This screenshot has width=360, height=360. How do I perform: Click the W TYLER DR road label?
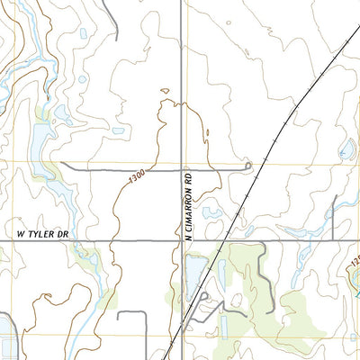point(43,233)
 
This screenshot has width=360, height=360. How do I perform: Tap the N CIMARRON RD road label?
point(189,206)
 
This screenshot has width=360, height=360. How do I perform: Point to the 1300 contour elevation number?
point(137,180)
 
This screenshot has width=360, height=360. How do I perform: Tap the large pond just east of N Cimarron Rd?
point(194,270)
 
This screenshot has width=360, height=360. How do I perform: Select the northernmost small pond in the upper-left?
point(84,34)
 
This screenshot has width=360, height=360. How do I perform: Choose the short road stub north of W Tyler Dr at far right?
point(333,216)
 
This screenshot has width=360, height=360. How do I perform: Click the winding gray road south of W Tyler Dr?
point(266,270)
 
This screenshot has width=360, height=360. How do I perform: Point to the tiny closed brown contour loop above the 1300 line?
point(164,90)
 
